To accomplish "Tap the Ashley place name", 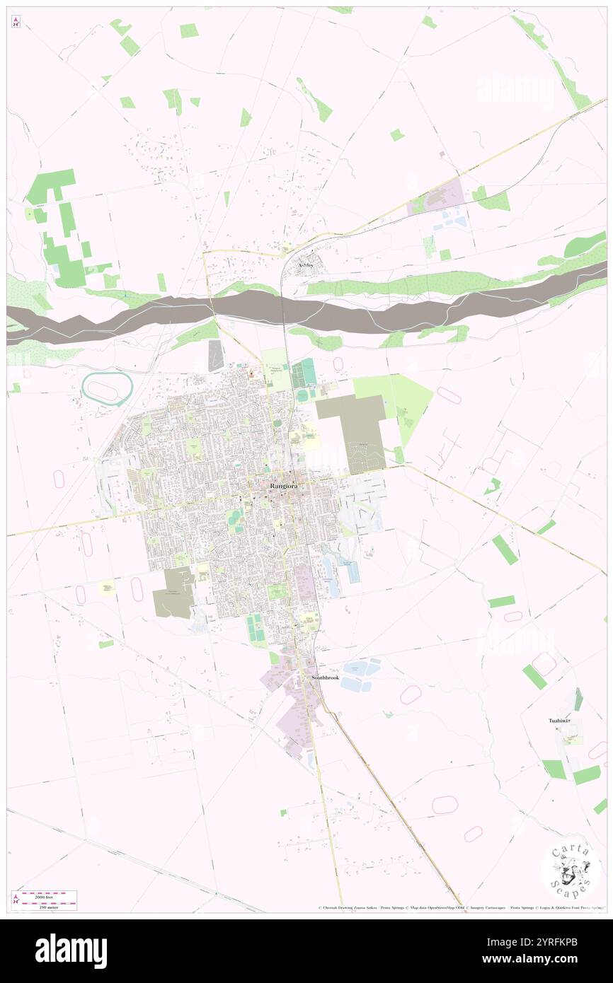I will [305, 265].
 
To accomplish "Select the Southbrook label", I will [326, 677].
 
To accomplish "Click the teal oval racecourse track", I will [108, 388].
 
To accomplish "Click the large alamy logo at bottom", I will [71, 951].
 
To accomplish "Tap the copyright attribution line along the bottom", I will [460, 907].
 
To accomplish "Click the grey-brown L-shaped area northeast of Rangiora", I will [357, 431].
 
